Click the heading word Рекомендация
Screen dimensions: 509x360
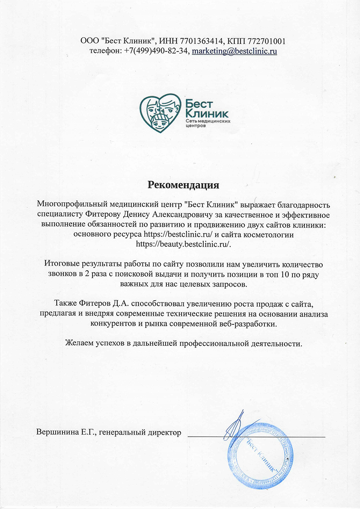pyautogui.click(x=184, y=185)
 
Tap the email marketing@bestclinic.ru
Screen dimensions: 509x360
pyautogui.click(x=234, y=51)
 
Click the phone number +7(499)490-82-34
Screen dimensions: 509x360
pyautogui.click(x=155, y=51)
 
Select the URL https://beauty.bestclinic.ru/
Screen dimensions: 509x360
pyautogui.click(x=184, y=244)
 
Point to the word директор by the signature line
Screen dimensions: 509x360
pyautogui.click(x=165, y=432)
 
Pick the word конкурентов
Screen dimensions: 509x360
pyautogui.click(x=112, y=323)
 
